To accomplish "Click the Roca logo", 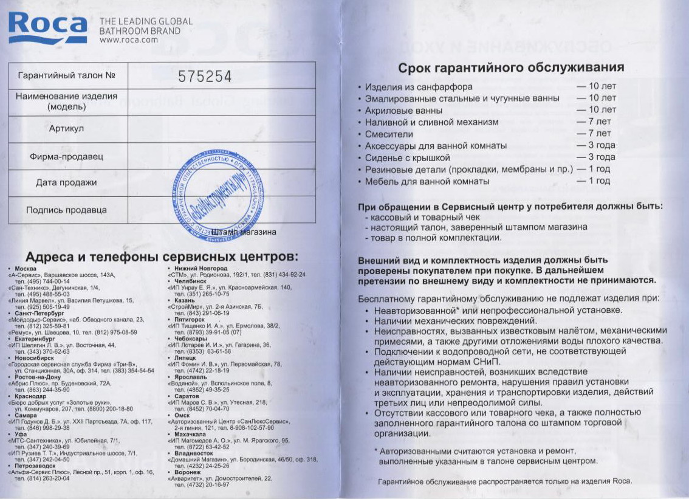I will (47, 27).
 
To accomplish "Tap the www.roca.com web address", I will (128, 40).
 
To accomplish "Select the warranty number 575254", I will (205, 77).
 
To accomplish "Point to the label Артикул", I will (66, 129).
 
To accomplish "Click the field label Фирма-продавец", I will (66, 157).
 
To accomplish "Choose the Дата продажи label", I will (66, 182).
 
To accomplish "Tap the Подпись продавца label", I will (66, 210).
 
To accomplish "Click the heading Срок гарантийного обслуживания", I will (510, 67).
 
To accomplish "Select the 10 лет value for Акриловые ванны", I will (597, 110).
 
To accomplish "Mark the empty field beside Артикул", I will (222, 129).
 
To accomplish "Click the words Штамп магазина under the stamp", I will (245, 232).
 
